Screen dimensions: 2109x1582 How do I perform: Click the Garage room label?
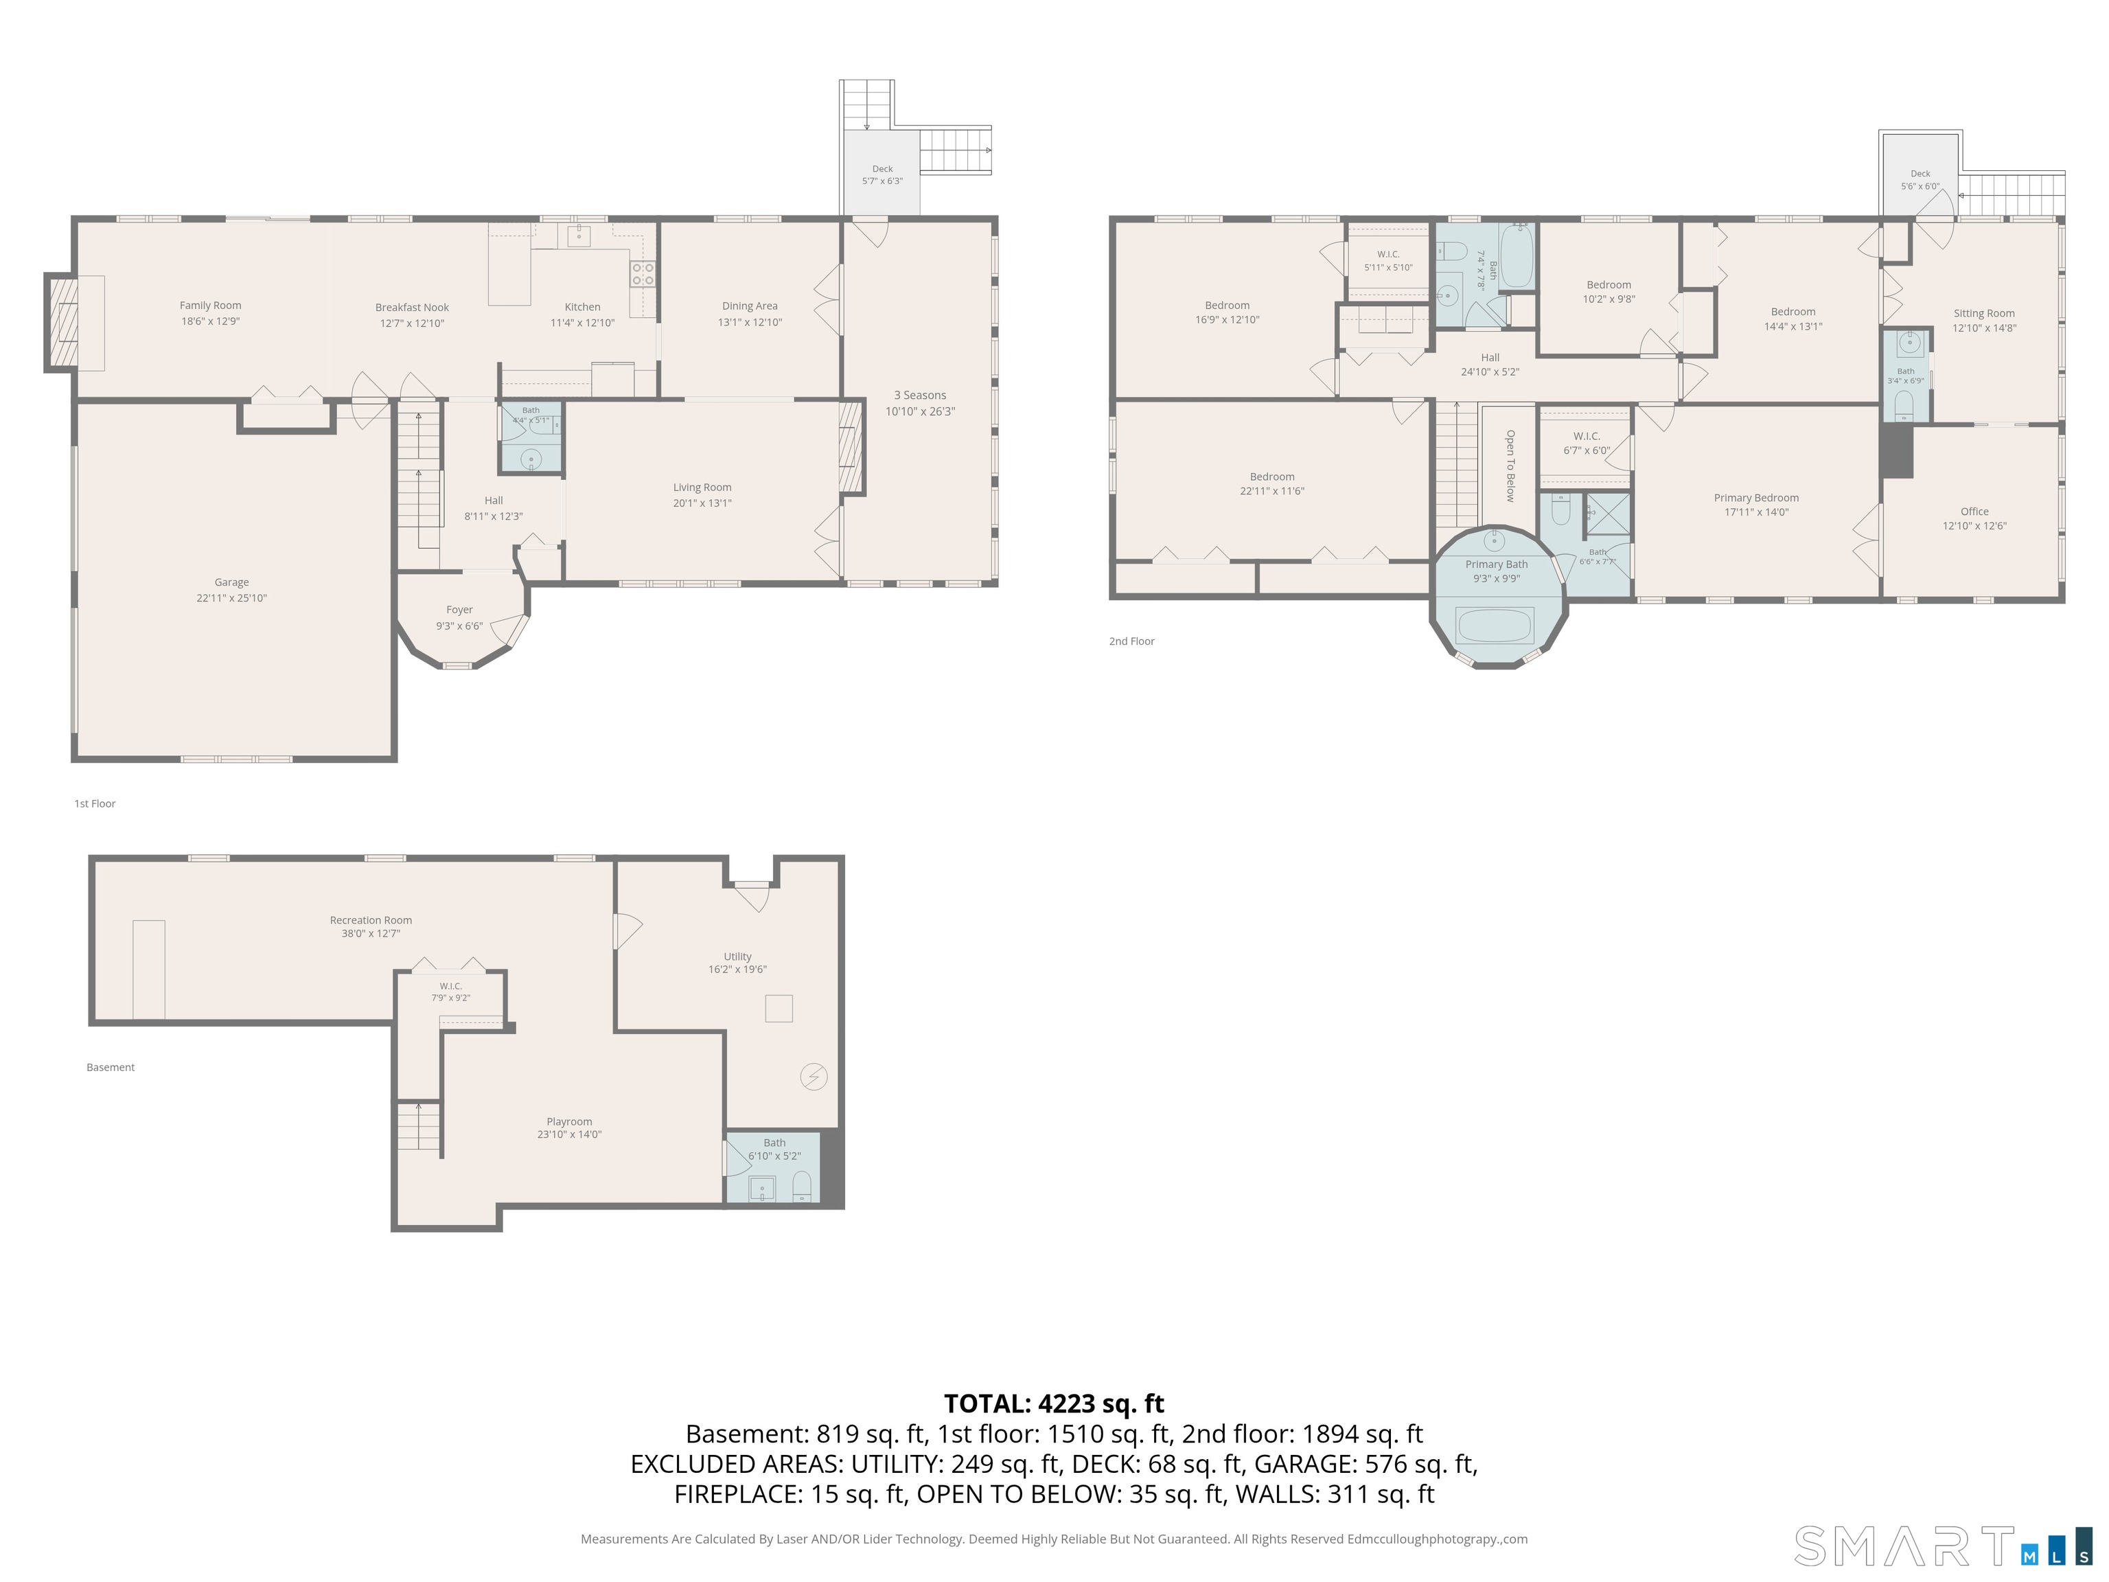pyautogui.click(x=231, y=582)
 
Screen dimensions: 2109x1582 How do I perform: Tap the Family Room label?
pyautogui.click(x=211, y=305)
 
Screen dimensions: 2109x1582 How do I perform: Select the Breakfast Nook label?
pyautogui.click(x=412, y=307)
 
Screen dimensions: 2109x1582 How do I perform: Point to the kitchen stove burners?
pyautogui.click(x=643, y=275)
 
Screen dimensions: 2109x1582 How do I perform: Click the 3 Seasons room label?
pyautogui.click(x=920, y=395)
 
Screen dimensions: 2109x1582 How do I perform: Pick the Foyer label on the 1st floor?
pyautogui.click(x=459, y=609)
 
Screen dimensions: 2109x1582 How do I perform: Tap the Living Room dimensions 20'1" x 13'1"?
pyautogui.click(x=703, y=503)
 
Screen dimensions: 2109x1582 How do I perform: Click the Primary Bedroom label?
pyautogui.click(x=1756, y=498)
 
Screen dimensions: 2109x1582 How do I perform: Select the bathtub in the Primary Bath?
pyautogui.click(x=1495, y=626)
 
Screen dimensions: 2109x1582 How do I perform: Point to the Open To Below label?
pyautogui.click(x=1510, y=466)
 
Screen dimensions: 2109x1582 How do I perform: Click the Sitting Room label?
pyautogui.click(x=1984, y=313)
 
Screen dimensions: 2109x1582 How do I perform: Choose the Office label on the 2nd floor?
pyautogui.click(x=1974, y=511)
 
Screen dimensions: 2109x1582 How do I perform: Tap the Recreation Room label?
pyautogui.click(x=371, y=920)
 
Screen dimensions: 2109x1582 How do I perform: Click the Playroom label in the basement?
pyautogui.click(x=569, y=1121)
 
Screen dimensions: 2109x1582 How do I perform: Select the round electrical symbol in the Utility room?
pyautogui.click(x=814, y=1077)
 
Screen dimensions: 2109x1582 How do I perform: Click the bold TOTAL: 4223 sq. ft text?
pyautogui.click(x=1054, y=1403)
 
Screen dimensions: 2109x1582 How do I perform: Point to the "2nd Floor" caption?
pyautogui.click(x=1131, y=641)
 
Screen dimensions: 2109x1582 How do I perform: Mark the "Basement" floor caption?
pyautogui.click(x=111, y=1067)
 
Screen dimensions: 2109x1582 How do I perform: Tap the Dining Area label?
pyautogui.click(x=750, y=306)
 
